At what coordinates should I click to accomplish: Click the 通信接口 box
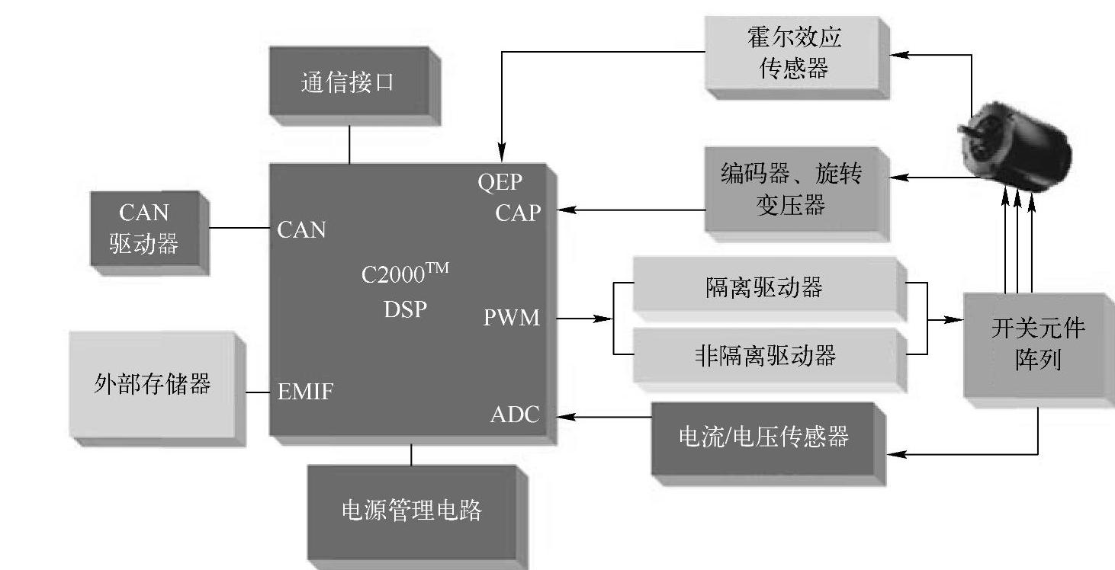349,82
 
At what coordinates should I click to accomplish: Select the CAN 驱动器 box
145,228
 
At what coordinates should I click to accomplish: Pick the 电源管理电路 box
411,509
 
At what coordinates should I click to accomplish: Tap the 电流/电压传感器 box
763,437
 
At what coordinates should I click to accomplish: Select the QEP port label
501,183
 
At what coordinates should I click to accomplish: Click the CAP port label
517,213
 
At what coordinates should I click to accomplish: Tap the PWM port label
511,318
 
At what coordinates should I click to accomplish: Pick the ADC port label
514,415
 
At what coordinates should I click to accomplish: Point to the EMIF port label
305,392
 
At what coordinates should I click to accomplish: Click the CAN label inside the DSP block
302,229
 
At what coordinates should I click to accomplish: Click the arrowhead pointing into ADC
564,416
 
